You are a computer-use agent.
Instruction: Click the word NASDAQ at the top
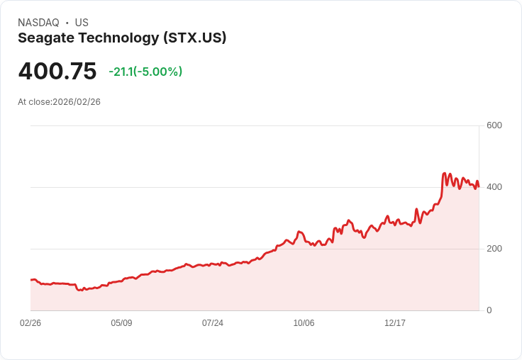pos(38,23)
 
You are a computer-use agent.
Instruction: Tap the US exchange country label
pos(82,23)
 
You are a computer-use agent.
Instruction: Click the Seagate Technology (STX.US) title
pos(122,38)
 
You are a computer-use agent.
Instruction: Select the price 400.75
pos(57,72)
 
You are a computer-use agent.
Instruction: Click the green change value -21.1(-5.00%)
pos(145,72)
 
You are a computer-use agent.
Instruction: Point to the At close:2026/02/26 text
pos(59,102)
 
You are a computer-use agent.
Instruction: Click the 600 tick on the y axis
pos(494,125)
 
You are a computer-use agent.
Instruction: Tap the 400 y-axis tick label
pos(494,187)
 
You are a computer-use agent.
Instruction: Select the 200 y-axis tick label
pos(494,249)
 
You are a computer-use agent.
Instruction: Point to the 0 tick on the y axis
pos(489,310)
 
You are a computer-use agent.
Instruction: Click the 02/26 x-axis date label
pos(30,323)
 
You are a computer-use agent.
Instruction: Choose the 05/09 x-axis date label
pos(121,323)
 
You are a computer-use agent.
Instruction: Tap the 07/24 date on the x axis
pos(213,323)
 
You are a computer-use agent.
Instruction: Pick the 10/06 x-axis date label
pos(304,323)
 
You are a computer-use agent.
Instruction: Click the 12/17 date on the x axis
pos(395,323)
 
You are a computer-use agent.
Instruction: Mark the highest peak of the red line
pos(445,173)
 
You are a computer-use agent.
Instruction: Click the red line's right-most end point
pos(479,186)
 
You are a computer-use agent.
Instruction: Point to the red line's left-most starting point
pos(30,280)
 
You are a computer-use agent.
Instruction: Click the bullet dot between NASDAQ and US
pos(67,23)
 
